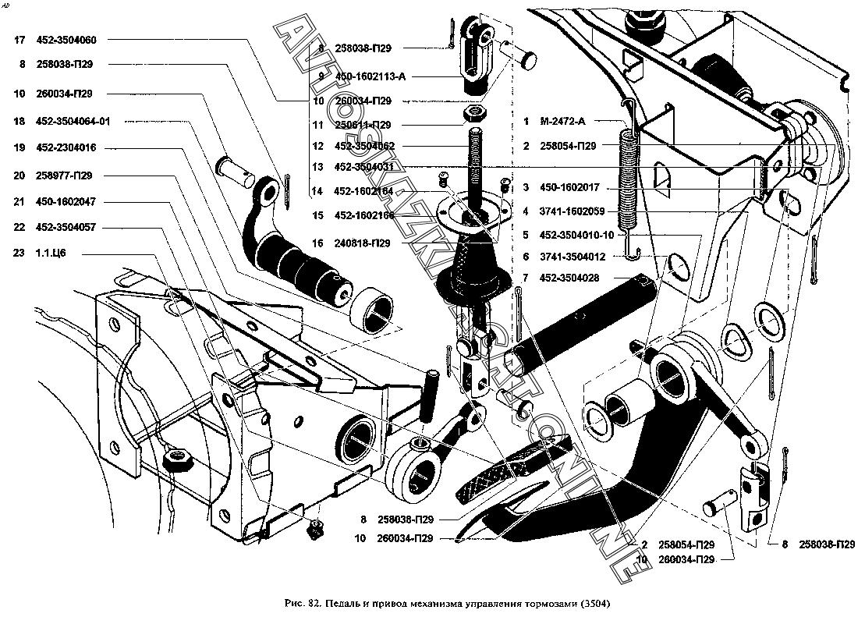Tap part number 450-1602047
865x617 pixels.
coord(66,201)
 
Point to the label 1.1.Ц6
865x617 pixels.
coord(51,254)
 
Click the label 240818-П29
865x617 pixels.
coord(363,243)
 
